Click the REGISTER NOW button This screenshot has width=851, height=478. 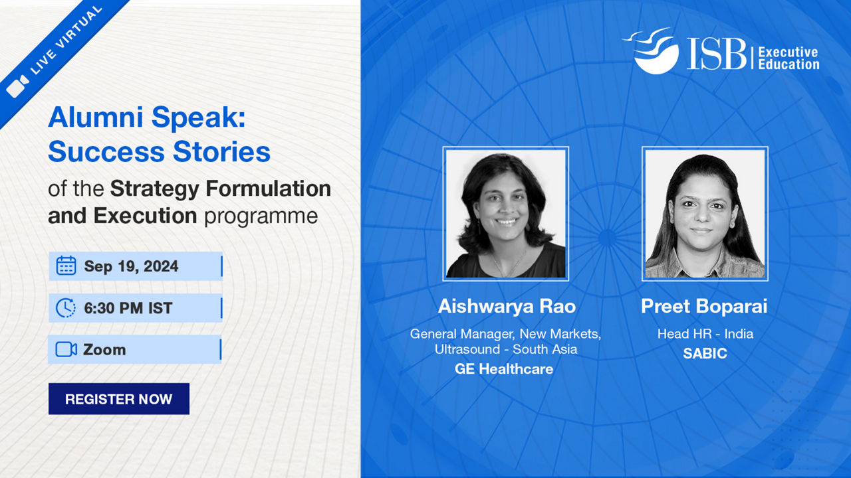click(x=119, y=399)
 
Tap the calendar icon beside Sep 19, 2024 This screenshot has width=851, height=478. click(x=66, y=266)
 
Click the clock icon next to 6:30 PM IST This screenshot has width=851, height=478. click(x=66, y=307)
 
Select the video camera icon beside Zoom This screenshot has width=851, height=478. click(x=66, y=349)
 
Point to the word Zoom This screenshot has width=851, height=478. click(x=104, y=350)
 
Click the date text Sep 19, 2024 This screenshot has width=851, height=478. click(x=131, y=266)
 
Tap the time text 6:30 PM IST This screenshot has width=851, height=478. click(x=128, y=308)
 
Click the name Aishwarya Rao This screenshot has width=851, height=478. click(x=507, y=306)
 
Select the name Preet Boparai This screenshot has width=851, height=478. click(x=704, y=306)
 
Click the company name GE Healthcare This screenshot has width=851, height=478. click(x=504, y=368)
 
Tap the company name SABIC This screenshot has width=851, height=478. click(x=705, y=354)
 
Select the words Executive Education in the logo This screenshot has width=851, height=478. click(x=789, y=58)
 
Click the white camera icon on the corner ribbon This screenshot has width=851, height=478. click(x=17, y=87)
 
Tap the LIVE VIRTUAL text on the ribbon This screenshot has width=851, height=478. click(x=66, y=40)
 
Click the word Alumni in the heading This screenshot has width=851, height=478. click(x=95, y=117)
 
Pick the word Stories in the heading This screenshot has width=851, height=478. click(x=221, y=151)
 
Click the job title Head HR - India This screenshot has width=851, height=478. click(x=705, y=334)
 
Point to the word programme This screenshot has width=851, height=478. click(x=261, y=217)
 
